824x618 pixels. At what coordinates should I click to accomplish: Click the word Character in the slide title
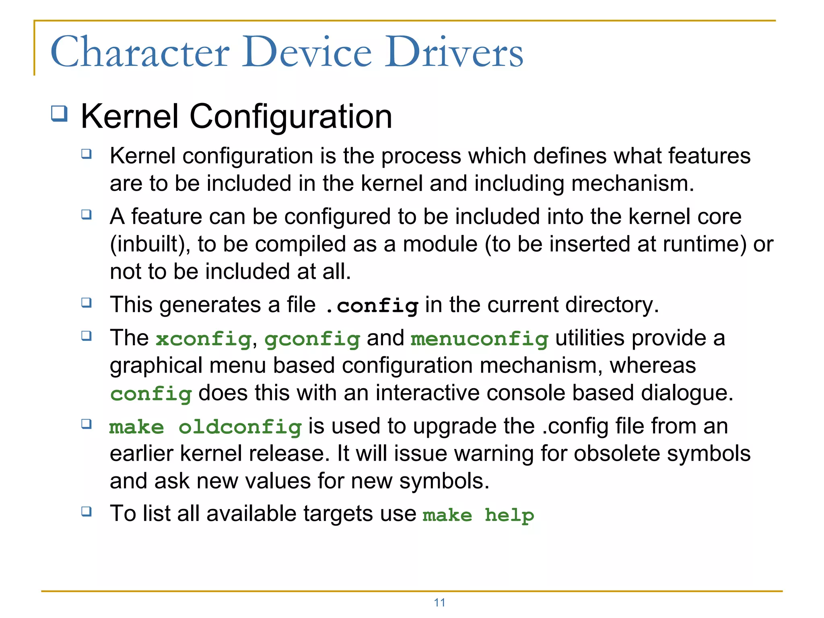pyautogui.click(x=140, y=52)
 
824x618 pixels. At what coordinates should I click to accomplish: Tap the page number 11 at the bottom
pyautogui.click(x=439, y=603)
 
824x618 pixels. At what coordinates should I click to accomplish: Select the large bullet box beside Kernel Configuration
pyautogui.click(x=59, y=113)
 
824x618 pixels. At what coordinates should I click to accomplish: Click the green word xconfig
pyautogui.click(x=204, y=339)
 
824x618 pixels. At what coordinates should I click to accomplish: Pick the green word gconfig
pyautogui.click(x=312, y=340)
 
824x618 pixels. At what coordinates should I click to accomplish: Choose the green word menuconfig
pyautogui.click(x=480, y=339)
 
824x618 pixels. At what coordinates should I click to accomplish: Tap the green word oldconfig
pyautogui.click(x=240, y=427)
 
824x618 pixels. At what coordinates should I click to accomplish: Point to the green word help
pyautogui.click(x=509, y=515)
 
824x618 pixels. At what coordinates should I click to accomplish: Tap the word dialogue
pyautogui.click(x=687, y=393)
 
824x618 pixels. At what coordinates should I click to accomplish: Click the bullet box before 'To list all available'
pyautogui.click(x=87, y=511)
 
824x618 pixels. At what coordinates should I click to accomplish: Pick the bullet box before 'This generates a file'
pyautogui.click(x=87, y=303)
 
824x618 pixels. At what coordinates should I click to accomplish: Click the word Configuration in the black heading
pyautogui.click(x=290, y=117)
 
